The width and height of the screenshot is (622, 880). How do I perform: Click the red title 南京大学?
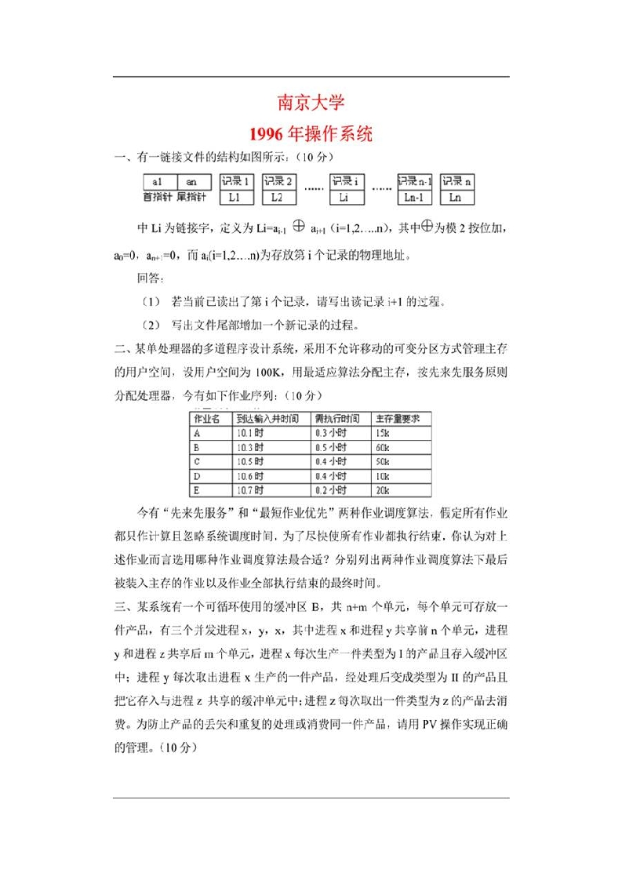[x=311, y=103]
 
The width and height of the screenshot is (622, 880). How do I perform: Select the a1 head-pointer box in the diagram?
[x=158, y=181]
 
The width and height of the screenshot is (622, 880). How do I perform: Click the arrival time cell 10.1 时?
[x=250, y=433]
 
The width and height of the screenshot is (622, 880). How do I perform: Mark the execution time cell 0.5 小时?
[x=330, y=447]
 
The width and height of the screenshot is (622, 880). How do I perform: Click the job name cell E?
[x=197, y=490]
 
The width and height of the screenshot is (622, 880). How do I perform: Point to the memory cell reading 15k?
[x=383, y=433]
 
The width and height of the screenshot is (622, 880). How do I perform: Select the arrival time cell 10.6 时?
[x=250, y=476]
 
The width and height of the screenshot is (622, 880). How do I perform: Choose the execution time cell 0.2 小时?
[x=330, y=490]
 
